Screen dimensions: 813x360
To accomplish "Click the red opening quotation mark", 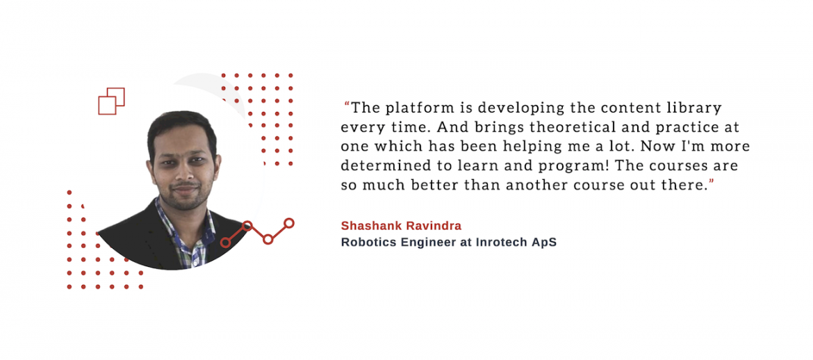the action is [x=347, y=105].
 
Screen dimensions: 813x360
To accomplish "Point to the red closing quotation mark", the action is [x=712, y=181].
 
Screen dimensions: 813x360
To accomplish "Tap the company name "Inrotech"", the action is [x=499, y=243].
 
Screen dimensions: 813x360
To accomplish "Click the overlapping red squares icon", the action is [x=111, y=101].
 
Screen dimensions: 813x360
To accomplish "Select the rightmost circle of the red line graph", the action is [x=289, y=223].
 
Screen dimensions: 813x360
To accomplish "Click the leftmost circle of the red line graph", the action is [x=225, y=243].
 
